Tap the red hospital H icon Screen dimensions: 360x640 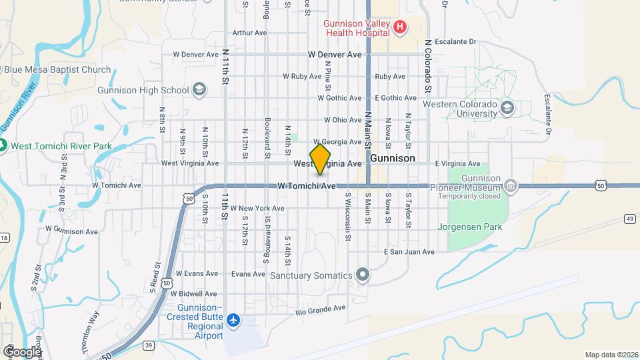(399, 27)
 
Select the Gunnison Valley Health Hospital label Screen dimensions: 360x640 (357, 27)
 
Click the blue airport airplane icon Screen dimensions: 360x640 (233, 321)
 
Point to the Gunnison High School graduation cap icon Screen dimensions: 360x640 (199, 90)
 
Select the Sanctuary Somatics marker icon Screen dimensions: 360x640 (363, 275)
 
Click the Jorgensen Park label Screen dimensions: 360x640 (469, 227)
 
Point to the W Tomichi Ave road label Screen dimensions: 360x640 (307, 186)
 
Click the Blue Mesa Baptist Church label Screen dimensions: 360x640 (57, 69)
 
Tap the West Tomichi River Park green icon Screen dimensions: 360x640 (3, 145)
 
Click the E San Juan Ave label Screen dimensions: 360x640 (409, 252)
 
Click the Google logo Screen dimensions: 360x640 (22, 351)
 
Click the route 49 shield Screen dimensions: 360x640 (630, 218)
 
